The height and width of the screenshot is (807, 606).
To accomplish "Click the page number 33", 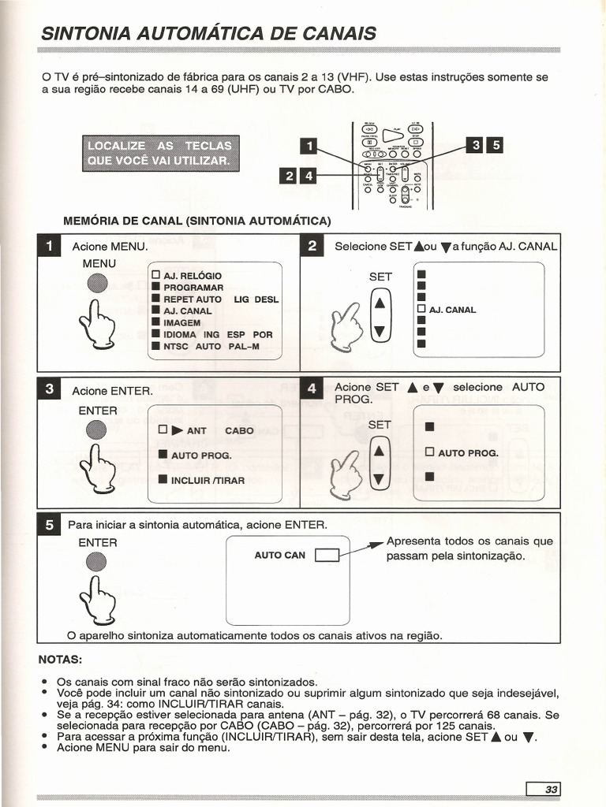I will click(x=549, y=789).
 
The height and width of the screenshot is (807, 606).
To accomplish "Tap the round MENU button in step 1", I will click(x=97, y=284).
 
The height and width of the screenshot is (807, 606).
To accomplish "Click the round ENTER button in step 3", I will click(x=97, y=430).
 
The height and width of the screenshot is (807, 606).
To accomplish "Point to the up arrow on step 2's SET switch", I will click(x=380, y=302).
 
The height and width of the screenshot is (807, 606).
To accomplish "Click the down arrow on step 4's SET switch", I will click(x=380, y=479).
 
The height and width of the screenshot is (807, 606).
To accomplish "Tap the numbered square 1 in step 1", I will click(x=51, y=247).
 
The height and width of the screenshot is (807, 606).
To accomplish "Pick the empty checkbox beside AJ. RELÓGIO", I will click(x=155, y=276).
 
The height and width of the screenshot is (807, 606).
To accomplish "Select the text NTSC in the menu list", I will click(x=177, y=346).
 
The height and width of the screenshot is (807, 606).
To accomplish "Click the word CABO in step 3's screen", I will click(x=239, y=430).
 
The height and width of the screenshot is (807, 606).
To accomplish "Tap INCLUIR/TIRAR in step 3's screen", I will click(x=208, y=480).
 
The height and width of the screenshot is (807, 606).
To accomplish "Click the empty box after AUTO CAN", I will click(x=327, y=556).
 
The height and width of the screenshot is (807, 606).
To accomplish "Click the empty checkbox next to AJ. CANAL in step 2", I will click(x=421, y=309).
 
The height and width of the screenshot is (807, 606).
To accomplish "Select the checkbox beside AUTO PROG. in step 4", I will click(x=430, y=452).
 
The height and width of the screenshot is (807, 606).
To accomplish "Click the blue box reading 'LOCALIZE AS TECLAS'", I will click(x=159, y=154).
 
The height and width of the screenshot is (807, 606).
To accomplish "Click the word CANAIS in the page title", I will click(x=332, y=33).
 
